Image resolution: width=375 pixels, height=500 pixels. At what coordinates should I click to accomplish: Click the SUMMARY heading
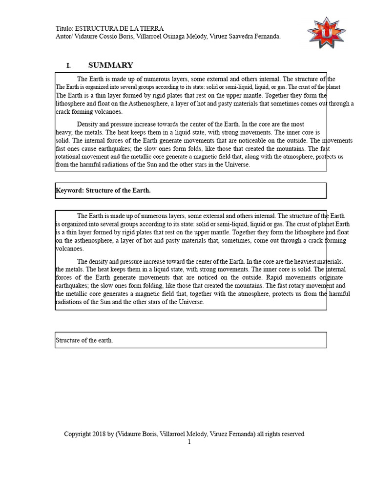click(x=110, y=65)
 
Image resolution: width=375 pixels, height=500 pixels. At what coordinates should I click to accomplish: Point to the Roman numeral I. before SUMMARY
click(x=69, y=65)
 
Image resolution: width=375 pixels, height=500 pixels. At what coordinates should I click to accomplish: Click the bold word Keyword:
click(x=70, y=190)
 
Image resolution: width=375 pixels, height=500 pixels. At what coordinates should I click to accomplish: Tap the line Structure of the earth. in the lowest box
click(x=84, y=340)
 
